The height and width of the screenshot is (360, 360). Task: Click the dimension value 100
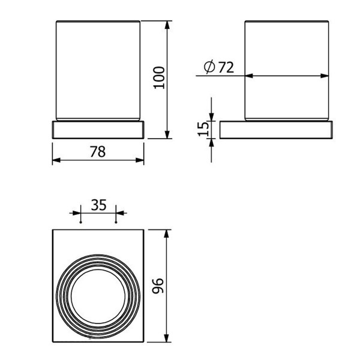[159, 77]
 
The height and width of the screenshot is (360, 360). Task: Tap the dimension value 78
[98, 152]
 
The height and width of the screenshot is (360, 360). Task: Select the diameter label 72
[226, 67]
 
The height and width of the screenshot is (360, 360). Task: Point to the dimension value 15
[203, 129]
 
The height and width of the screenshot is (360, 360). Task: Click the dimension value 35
[98, 205]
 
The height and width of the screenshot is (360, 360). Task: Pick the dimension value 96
[158, 286]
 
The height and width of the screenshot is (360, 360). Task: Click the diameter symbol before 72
[209, 67]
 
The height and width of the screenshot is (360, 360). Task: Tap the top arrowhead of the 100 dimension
[167, 25]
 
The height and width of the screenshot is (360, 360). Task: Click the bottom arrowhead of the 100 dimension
[167, 134]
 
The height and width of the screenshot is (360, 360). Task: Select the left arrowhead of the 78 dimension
[56, 160]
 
